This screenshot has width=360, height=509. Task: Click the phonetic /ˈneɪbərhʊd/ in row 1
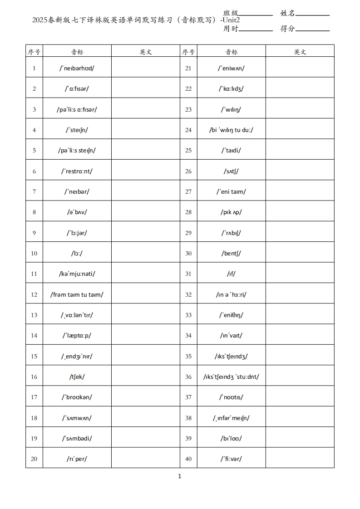(x=77, y=68)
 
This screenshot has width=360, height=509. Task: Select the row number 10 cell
(x=34, y=253)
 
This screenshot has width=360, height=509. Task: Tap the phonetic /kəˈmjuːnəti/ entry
(x=77, y=274)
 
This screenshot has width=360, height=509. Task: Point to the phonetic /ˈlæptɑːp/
(x=77, y=335)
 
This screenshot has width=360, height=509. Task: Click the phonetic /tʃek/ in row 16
(x=77, y=377)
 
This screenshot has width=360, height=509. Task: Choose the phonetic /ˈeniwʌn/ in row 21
(x=231, y=68)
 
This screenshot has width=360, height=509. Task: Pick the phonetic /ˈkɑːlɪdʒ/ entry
(x=231, y=88)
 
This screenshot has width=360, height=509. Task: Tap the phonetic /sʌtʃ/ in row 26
(x=231, y=171)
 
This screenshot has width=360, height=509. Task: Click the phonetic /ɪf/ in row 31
(x=231, y=274)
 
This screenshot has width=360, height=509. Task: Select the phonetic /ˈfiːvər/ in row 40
(x=231, y=458)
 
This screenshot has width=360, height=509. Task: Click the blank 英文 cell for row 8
(x=146, y=212)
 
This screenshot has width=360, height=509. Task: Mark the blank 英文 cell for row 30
(x=300, y=253)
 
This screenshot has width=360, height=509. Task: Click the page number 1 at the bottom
(x=180, y=476)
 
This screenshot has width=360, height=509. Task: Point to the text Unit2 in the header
(x=231, y=20)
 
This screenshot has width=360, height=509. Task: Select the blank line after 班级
(x=256, y=14)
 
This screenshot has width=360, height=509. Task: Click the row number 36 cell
(x=188, y=377)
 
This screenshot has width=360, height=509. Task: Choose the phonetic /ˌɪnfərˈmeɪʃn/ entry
(x=231, y=418)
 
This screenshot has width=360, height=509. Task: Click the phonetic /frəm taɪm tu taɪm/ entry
(x=77, y=294)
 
